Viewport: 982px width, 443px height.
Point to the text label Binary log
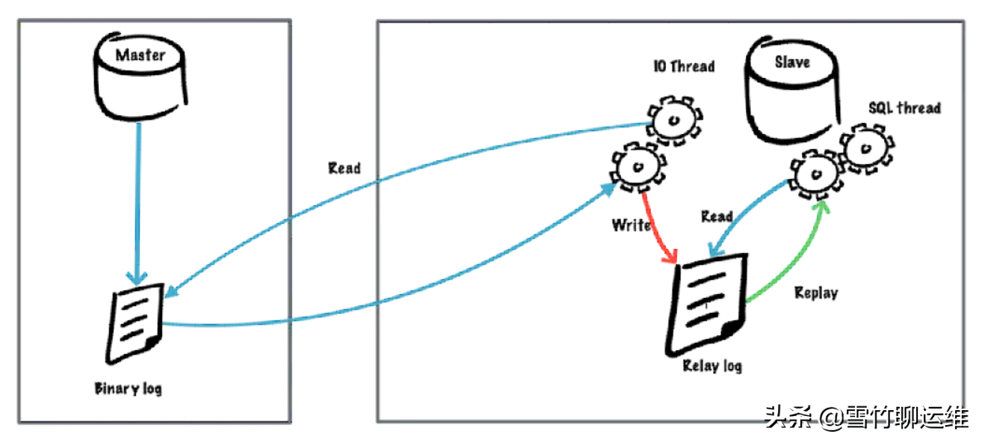click(128, 388)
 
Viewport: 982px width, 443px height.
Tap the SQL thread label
click(904, 108)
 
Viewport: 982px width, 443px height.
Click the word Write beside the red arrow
click(631, 224)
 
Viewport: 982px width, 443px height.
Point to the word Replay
click(816, 293)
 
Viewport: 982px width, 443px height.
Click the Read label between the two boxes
click(344, 168)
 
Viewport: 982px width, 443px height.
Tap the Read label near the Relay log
click(717, 217)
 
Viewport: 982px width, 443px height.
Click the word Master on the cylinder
click(140, 55)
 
